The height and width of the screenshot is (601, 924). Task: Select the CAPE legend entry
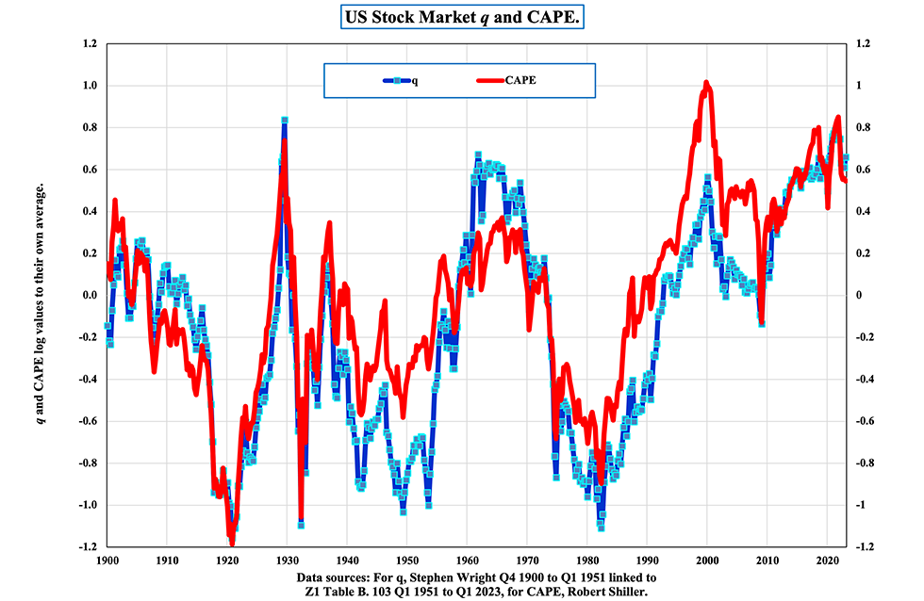pyautogui.click(x=517, y=81)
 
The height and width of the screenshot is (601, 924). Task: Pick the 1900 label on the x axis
pyautogui.click(x=107, y=559)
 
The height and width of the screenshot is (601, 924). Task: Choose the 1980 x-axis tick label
pyautogui.click(x=586, y=559)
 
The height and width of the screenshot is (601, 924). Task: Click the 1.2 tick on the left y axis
pyautogui.click(x=90, y=43)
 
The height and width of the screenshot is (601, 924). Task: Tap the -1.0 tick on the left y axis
pyautogui.click(x=88, y=505)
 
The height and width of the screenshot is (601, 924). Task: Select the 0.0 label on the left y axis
pyautogui.click(x=90, y=295)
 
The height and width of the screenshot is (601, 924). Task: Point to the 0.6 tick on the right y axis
pyautogui.click(x=862, y=170)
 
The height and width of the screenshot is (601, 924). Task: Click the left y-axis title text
pyautogui.click(x=41, y=295)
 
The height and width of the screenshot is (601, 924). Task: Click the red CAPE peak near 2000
pyautogui.click(x=706, y=84)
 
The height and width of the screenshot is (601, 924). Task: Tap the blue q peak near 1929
pyautogui.click(x=284, y=120)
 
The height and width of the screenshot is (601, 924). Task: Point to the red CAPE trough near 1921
pyautogui.click(x=232, y=542)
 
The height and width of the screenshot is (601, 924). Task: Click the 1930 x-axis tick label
pyautogui.click(x=287, y=559)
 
